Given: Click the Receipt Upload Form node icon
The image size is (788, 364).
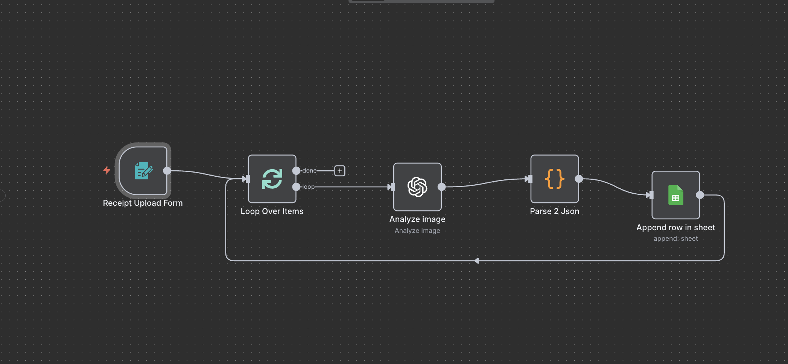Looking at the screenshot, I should (143, 171).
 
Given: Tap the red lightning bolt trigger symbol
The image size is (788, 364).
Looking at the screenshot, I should (107, 170).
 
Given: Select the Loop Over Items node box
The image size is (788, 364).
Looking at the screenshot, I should (272, 179).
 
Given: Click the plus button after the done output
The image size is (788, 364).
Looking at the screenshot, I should (339, 171).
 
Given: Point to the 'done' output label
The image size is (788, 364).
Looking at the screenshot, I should (309, 171).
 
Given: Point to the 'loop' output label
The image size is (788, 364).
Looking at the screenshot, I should (308, 187).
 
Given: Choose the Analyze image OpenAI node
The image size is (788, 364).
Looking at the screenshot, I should (417, 187).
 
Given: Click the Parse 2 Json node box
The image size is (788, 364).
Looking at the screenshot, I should (554, 179).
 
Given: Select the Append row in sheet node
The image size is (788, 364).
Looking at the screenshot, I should (675, 195).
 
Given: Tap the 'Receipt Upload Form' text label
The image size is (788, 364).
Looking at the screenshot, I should (143, 203).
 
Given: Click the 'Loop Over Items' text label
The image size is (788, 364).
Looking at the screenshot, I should (272, 211).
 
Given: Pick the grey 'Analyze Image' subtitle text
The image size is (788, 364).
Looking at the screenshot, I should (417, 231).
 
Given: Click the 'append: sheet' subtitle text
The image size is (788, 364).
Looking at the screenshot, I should (675, 239).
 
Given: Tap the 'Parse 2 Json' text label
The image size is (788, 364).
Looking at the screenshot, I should (554, 211).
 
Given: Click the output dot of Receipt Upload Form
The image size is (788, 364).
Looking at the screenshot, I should (167, 171).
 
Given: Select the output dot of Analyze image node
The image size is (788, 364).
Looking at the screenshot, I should (441, 187).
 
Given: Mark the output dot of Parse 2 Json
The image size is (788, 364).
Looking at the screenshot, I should (579, 179).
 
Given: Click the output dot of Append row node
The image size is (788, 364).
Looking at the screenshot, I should (700, 195).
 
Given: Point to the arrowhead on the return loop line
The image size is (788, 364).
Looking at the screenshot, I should (476, 260).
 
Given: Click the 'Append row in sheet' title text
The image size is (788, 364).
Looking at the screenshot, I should (675, 228).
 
